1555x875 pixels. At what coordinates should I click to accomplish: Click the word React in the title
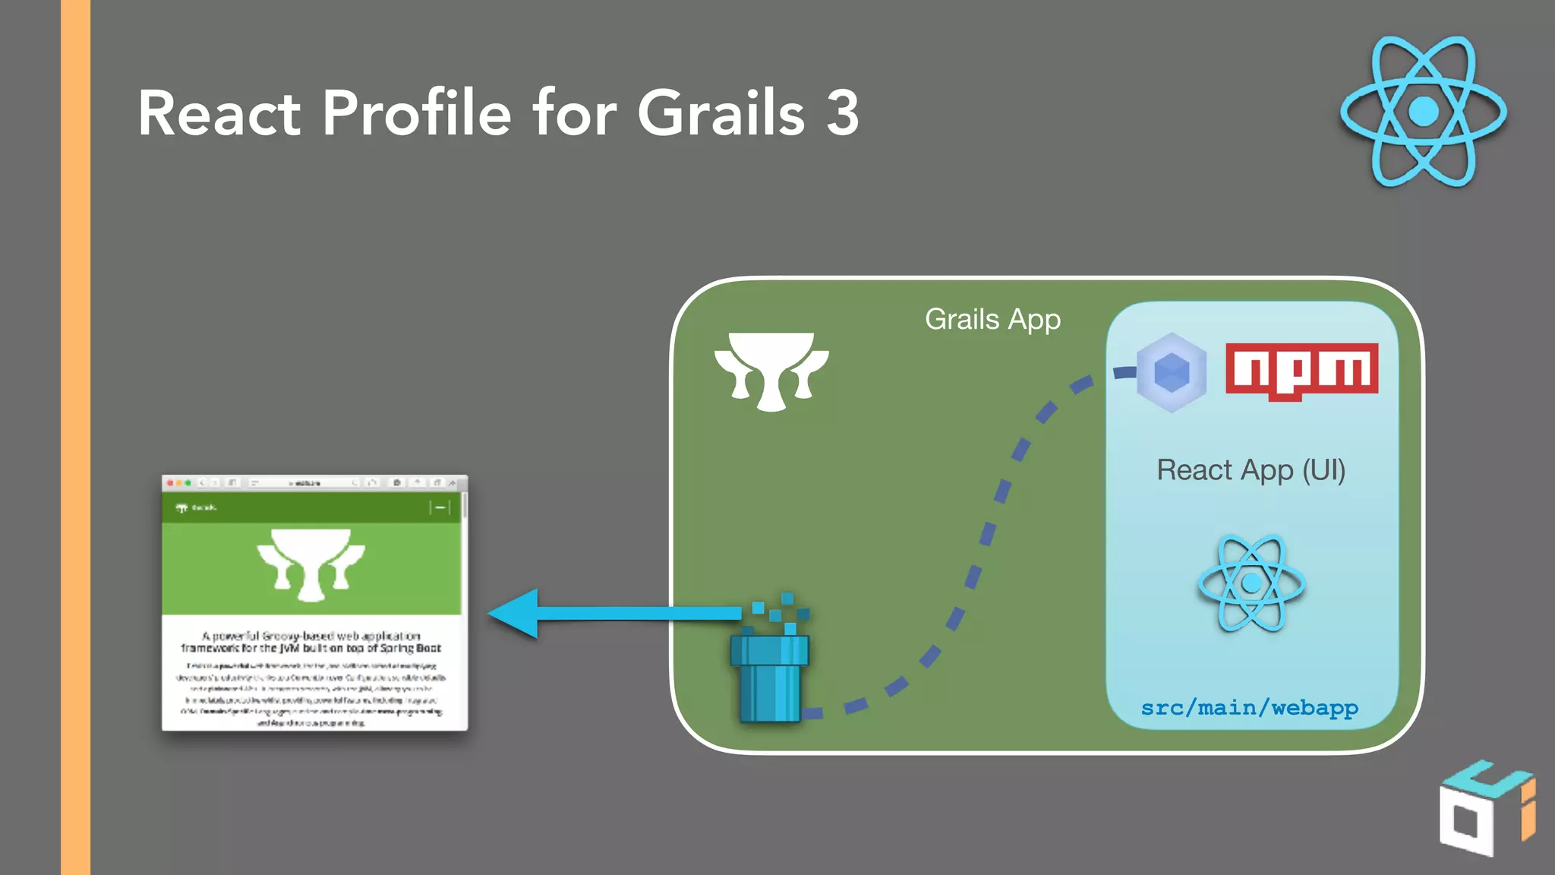click(x=219, y=114)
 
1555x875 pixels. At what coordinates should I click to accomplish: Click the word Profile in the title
click(x=416, y=114)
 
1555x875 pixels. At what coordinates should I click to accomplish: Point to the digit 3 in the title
click(x=842, y=114)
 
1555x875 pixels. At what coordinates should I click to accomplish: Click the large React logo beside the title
click(x=1423, y=111)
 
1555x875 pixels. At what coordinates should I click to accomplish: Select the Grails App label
click(x=992, y=320)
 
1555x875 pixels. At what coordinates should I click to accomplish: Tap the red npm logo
click(x=1301, y=370)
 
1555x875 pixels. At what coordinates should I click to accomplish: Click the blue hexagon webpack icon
click(x=1172, y=372)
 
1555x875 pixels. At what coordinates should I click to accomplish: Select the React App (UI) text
click(x=1251, y=470)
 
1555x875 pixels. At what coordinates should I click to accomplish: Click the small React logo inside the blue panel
click(x=1251, y=583)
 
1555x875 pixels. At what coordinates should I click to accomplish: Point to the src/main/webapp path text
click(x=1249, y=708)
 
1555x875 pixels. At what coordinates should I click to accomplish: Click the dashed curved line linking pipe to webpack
click(x=988, y=532)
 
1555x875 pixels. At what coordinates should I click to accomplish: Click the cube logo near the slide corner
click(x=1484, y=809)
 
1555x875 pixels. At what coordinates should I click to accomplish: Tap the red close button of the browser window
click(x=170, y=483)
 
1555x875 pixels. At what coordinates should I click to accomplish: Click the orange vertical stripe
click(x=75, y=437)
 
